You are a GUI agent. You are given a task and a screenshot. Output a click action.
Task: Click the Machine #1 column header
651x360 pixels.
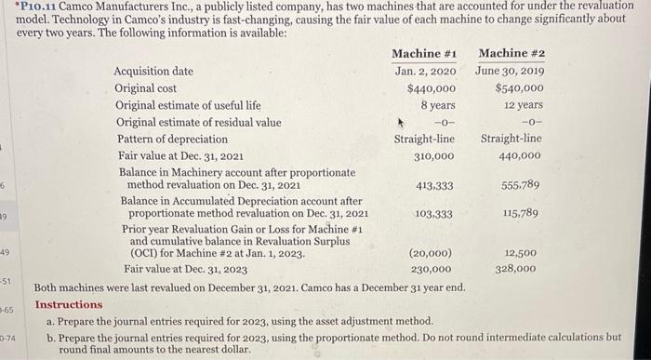[424, 53]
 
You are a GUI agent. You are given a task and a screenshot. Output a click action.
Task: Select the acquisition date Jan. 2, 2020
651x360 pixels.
[425, 71]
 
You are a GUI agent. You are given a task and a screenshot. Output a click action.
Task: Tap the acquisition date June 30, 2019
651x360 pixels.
[510, 71]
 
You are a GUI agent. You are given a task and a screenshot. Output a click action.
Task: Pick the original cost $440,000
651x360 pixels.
[431, 88]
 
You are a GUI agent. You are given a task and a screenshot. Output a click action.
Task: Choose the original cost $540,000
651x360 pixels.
[519, 88]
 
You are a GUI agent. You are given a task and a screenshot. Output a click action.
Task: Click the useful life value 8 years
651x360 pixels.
[436, 105]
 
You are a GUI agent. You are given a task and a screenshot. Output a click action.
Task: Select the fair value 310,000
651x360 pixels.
[433, 155]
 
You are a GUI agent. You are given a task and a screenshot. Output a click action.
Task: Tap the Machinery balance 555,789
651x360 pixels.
[521, 185]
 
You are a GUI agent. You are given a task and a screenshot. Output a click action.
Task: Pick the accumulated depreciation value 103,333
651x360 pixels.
[433, 214]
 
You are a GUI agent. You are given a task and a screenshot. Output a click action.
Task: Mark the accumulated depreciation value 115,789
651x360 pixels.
[521, 214]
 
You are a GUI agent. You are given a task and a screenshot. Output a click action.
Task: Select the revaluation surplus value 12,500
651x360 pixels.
[520, 252]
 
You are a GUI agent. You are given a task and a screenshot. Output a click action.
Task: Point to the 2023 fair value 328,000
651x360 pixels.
[516, 269]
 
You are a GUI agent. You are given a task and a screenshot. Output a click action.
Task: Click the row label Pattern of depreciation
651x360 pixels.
[171, 139]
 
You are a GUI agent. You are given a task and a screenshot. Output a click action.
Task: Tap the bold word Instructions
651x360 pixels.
[69, 304]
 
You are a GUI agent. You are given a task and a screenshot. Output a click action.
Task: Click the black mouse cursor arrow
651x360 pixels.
[403, 120]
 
